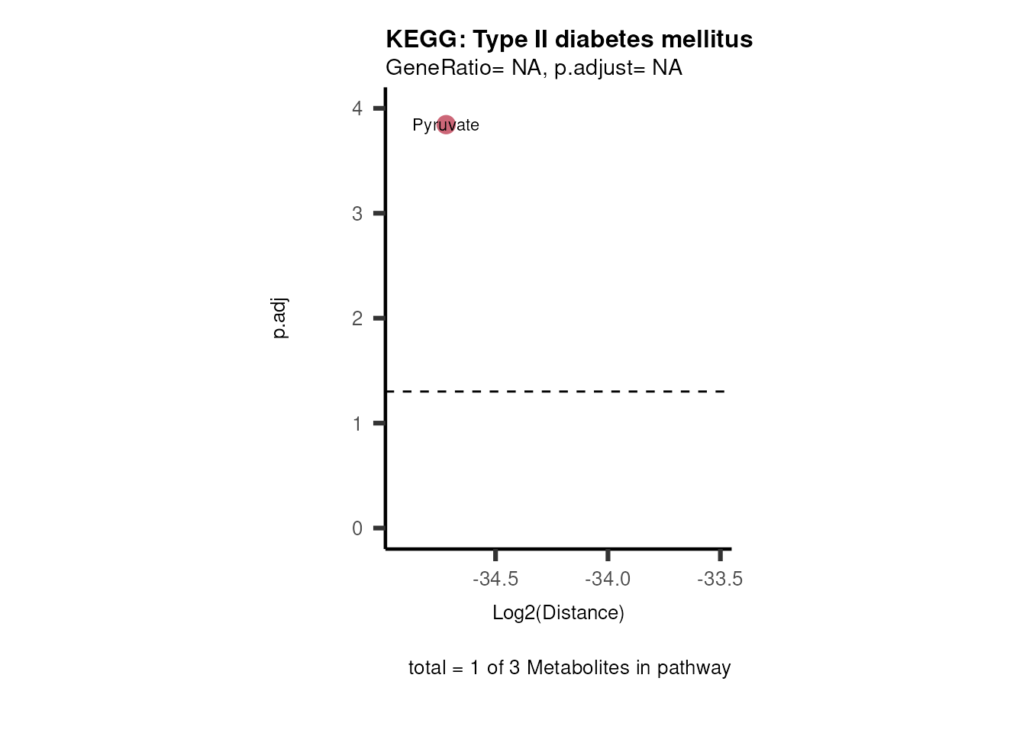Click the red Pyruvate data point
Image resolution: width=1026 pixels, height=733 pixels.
tap(446, 124)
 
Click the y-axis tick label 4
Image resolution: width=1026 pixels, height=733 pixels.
tap(357, 108)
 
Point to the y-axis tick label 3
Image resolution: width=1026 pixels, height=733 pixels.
tap(357, 214)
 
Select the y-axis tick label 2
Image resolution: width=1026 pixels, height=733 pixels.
tap(357, 318)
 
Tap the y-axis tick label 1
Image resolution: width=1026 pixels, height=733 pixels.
tap(357, 424)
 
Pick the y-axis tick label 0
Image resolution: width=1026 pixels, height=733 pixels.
tap(357, 528)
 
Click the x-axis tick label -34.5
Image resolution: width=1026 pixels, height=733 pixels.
tap(495, 579)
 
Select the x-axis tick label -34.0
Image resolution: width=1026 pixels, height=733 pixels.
tap(608, 579)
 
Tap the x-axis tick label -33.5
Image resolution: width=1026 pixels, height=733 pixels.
tap(720, 579)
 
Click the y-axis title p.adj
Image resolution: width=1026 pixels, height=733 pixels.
tap(280, 318)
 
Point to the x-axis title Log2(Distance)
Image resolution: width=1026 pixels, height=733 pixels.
tap(558, 612)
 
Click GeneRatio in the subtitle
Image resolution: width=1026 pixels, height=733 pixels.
tap(439, 68)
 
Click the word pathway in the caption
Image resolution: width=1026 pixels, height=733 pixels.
tap(694, 668)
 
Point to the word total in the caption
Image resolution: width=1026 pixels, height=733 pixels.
tap(427, 667)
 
